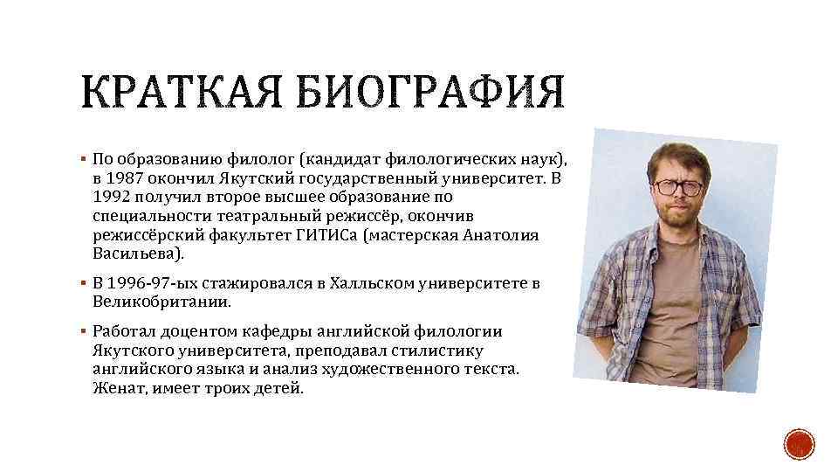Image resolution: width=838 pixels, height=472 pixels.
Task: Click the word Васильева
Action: point(138,254)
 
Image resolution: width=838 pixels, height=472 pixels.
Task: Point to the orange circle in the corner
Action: point(798,447)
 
